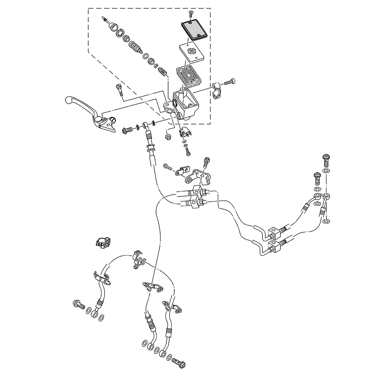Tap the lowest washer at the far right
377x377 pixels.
coord(326,221)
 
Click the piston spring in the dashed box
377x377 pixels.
coord(162,70)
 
